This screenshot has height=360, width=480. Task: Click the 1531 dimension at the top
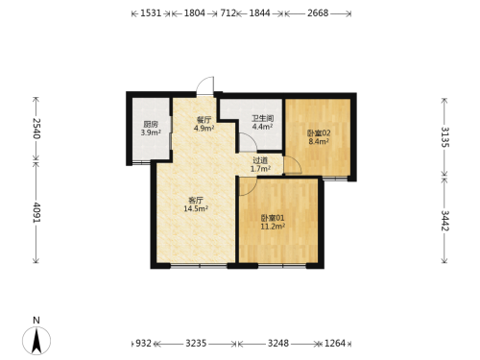point(151,13)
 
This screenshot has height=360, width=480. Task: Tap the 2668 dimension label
point(318,13)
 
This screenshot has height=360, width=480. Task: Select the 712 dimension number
point(228,13)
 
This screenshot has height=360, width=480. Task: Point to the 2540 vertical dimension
point(36,129)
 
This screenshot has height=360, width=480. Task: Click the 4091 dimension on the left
point(36,212)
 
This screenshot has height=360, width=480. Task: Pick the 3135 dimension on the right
point(445,137)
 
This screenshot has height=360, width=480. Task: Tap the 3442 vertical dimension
point(445,221)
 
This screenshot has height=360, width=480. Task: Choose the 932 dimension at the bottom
point(143,344)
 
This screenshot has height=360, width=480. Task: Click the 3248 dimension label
point(278,344)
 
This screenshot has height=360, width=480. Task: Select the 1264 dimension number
point(335,344)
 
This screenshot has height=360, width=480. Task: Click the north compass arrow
point(36,341)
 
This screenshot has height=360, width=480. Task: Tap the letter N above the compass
point(36,321)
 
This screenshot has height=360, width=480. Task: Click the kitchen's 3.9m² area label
point(151,132)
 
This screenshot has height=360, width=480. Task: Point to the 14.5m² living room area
point(196,209)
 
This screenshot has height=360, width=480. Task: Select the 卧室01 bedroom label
point(273,218)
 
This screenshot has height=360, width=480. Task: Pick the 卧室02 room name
point(319,132)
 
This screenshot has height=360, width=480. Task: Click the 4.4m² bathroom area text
point(262,127)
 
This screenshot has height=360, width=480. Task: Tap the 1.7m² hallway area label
point(260,169)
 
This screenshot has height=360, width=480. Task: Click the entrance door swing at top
point(205,85)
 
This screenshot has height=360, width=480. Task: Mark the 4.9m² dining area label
point(204,129)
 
